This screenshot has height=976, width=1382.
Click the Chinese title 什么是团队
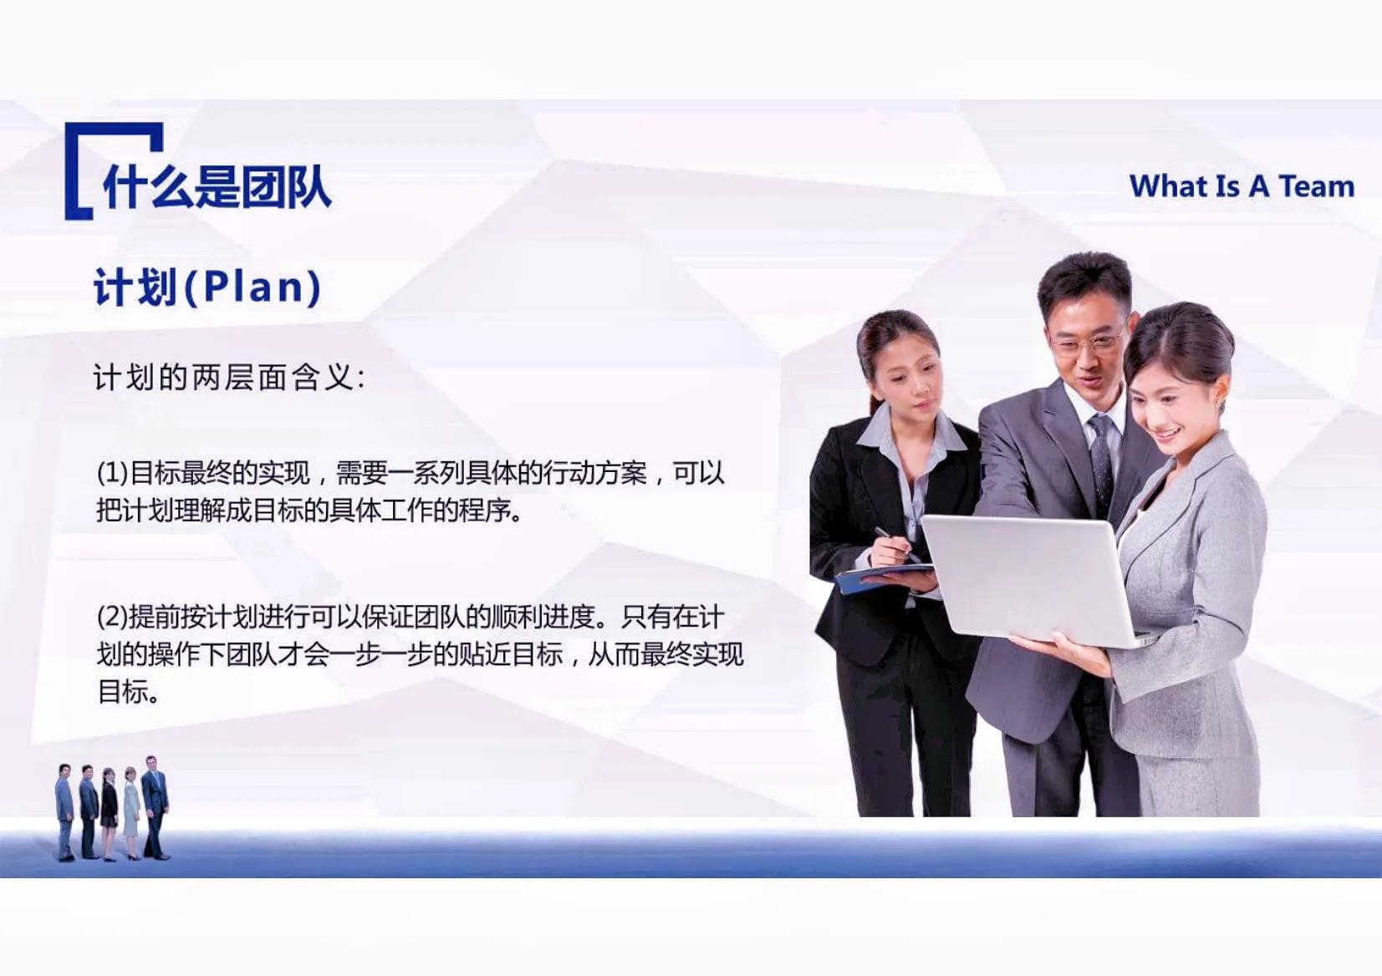pos(217,187)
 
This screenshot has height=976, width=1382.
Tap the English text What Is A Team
pos(1242,186)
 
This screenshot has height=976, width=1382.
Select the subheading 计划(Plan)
pos(207,287)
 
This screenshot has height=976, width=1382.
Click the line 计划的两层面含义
pos(229,378)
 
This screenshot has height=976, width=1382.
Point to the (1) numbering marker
pos(113,474)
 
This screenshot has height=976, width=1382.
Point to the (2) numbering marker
pos(113,618)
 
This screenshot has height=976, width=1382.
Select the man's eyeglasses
pos(1087,343)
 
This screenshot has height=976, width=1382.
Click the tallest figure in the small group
pos(155,807)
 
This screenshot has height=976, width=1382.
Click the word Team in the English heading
pos(1317,186)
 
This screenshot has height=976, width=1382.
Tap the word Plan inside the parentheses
pos(253,287)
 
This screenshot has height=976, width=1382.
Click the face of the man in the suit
pos(1089,344)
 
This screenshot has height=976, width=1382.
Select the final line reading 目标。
pos(129,691)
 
